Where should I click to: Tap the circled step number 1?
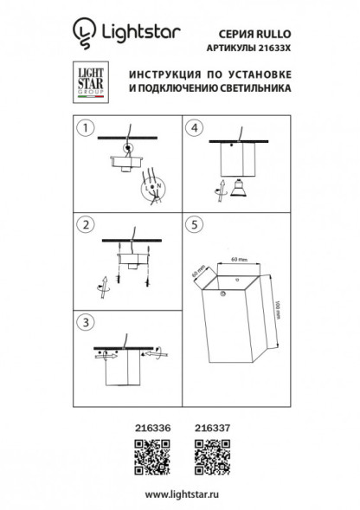[84, 129]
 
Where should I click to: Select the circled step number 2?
[84, 226]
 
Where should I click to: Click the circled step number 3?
[84, 322]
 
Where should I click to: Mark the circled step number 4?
[194, 129]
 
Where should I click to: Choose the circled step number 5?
[194, 225]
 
